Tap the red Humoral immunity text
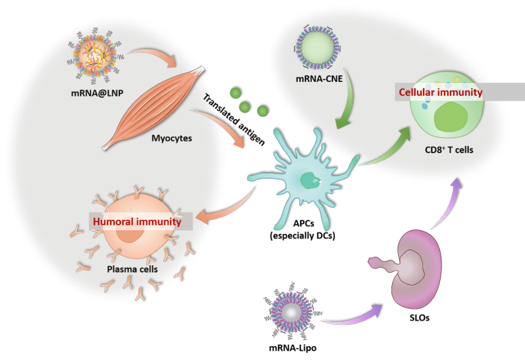(x=137, y=222)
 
